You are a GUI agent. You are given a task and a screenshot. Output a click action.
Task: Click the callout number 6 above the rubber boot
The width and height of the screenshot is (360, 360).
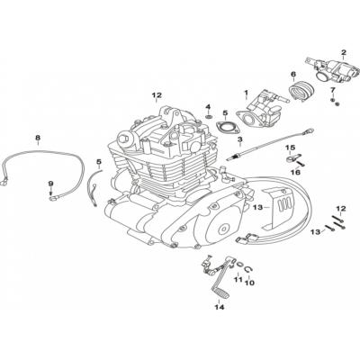[292, 75]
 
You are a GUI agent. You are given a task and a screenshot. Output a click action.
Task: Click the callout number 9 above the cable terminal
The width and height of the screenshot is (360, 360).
[50, 183]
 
